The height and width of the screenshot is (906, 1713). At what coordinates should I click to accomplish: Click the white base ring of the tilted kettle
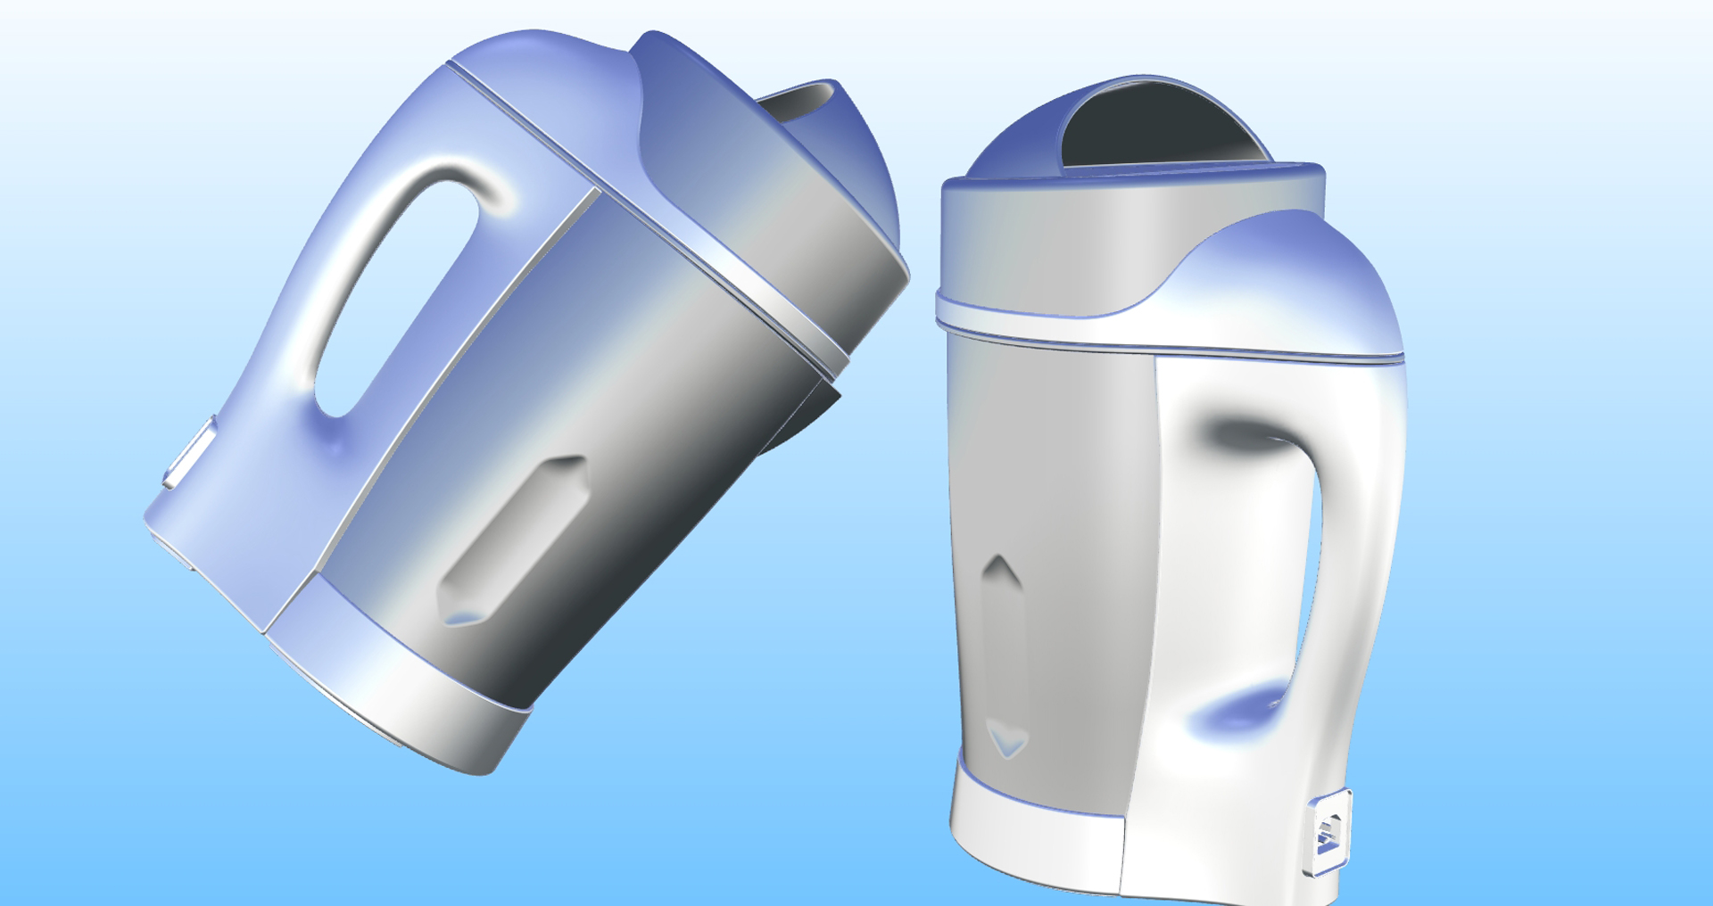click(x=401, y=678)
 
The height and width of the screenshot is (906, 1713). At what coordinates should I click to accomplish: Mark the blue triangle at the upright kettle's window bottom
click(x=1007, y=741)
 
